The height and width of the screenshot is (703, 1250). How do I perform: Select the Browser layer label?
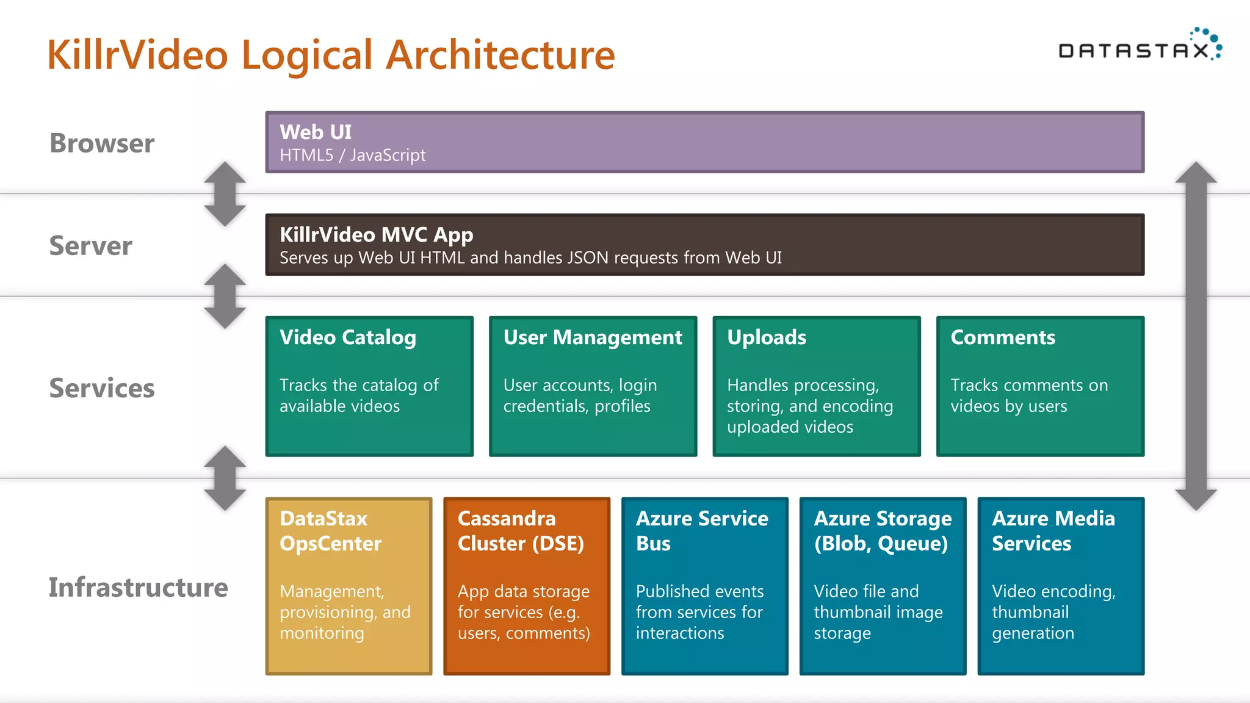coord(102,143)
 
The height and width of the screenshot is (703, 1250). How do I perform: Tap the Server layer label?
coord(90,246)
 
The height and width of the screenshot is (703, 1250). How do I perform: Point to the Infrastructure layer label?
coord(138,587)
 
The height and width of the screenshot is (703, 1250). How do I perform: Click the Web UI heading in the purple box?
coord(316,132)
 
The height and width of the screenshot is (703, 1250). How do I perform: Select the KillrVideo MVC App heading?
coord(376,235)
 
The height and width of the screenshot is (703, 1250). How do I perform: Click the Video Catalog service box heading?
coord(348,337)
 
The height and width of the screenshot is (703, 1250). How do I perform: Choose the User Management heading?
coord(593,337)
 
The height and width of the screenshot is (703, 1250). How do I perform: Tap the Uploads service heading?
coord(767,337)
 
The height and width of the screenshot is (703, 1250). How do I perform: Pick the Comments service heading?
coord(1003,337)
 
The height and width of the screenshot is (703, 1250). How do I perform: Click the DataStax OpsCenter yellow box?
coord(349,586)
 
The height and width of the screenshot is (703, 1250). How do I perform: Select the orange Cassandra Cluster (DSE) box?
coord(527,586)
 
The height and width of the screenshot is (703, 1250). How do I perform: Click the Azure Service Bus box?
coord(704,586)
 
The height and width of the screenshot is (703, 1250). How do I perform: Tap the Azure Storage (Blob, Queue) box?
coord(883,586)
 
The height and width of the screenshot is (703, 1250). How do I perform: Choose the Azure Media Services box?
coord(1061,586)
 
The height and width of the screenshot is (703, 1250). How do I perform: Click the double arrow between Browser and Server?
coord(225,194)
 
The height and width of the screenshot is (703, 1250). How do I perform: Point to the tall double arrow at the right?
coord(1196,336)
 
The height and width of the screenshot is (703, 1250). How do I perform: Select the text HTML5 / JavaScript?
coord(352,156)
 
